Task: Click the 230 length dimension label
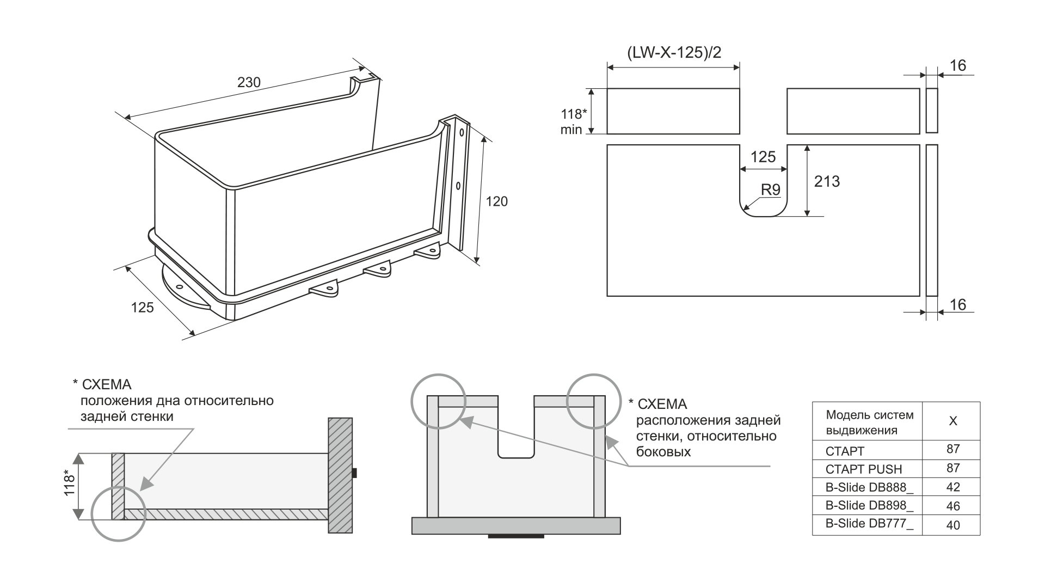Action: (249, 82)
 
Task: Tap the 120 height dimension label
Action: (496, 201)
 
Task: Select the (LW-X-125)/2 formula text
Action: (674, 53)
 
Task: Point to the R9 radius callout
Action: (771, 189)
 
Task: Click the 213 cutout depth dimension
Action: (827, 181)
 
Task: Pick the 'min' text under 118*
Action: (571, 130)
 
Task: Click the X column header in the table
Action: (953, 421)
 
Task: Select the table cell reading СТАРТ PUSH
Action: (864, 469)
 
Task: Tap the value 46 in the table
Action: (953, 506)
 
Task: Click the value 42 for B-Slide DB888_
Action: (953, 487)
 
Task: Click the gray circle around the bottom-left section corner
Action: (119, 513)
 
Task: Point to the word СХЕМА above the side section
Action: (107, 385)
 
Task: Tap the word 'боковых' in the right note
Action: (663, 451)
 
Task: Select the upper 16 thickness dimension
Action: (958, 66)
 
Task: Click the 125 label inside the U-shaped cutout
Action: (763, 157)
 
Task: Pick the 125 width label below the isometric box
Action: (143, 308)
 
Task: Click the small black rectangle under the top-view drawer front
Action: (516, 536)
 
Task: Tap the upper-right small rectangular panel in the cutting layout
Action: (853, 111)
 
